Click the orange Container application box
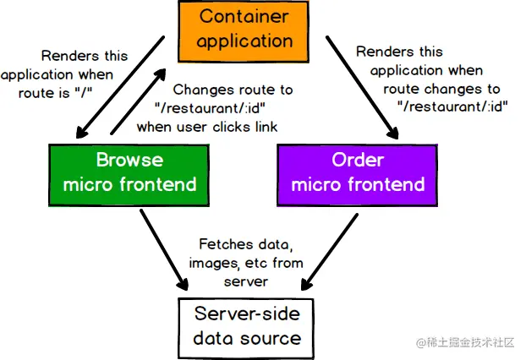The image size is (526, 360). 244,31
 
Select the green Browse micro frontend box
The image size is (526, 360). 129,175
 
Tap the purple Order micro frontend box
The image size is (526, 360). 358,175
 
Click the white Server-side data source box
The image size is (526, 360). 246,328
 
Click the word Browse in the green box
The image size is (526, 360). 130,160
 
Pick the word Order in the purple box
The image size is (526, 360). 358,160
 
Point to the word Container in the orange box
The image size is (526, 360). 244,16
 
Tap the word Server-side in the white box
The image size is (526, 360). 247,314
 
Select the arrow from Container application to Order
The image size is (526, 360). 362,87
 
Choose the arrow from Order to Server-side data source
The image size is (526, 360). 330,252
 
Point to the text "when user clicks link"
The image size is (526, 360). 207,127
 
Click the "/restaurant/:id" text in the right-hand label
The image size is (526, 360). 453,106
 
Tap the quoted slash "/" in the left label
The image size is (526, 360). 84,92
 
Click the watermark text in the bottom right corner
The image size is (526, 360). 465,342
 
